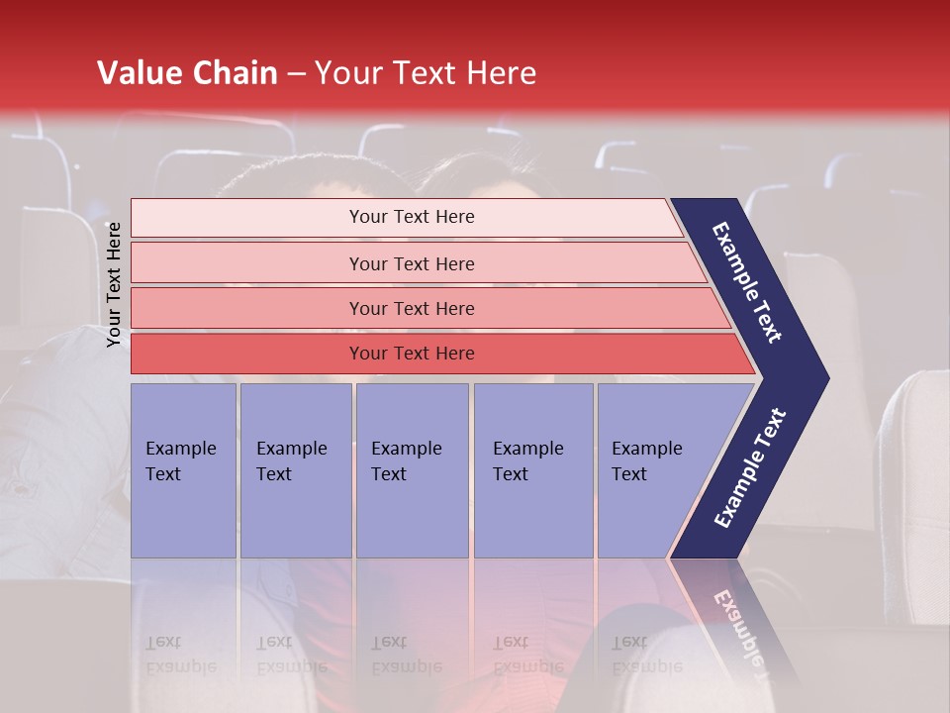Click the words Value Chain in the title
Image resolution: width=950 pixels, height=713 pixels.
tap(187, 73)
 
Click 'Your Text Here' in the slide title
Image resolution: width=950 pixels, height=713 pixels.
tap(426, 73)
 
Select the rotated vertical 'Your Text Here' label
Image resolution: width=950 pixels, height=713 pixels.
tap(114, 284)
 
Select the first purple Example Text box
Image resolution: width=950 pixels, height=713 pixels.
tap(183, 470)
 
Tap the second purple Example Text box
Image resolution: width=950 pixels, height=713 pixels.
tap(295, 470)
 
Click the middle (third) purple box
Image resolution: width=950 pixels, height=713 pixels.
tap(412, 470)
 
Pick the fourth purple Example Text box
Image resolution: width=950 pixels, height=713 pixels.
tap(532, 470)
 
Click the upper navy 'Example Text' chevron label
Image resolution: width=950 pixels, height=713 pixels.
tap(748, 282)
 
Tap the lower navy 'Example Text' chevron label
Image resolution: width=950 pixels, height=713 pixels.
tap(749, 468)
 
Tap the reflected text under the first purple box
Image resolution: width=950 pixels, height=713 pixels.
tap(180, 655)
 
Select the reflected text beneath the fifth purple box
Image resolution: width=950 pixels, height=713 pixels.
tap(645, 655)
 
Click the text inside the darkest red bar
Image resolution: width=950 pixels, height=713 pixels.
tap(412, 354)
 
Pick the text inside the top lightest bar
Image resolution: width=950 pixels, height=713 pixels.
tap(412, 217)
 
